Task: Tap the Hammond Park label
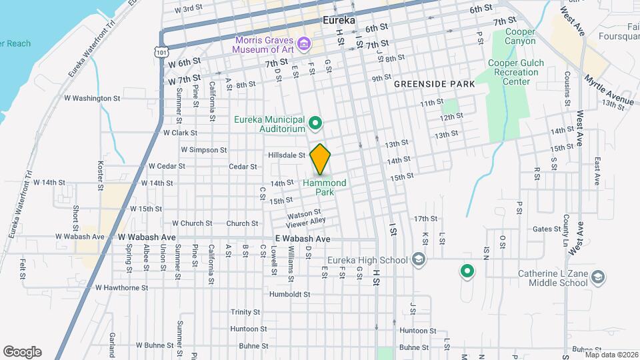pos(325,187)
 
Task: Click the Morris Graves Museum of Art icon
pos(305,44)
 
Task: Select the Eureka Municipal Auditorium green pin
pos(316,123)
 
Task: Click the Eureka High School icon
pos(419,259)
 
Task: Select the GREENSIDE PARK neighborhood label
pos(434,84)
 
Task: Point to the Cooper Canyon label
pos(521,36)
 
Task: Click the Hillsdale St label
pos(286,155)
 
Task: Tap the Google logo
pos(22,351)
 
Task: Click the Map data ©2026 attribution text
pos(611,355)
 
